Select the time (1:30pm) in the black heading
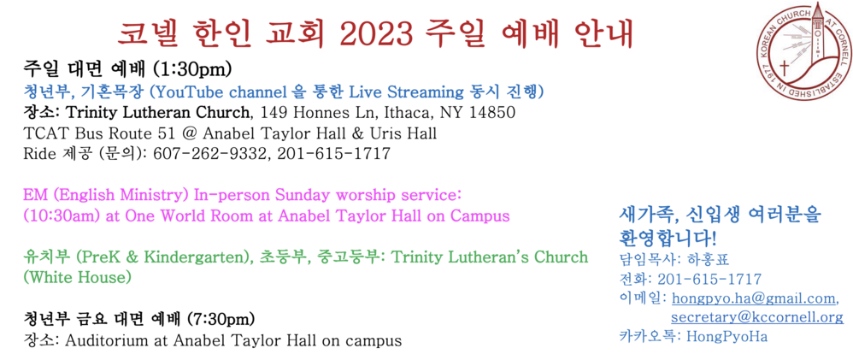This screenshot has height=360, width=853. [193, 69]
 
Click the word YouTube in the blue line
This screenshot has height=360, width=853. [176, 91]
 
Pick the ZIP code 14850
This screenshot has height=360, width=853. [492, 113]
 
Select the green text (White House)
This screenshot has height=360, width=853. [77, 278]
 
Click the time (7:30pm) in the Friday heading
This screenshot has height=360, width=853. [221, 317]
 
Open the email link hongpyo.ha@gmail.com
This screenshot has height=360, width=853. [755, 298]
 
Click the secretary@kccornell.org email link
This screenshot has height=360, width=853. [757, 317]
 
